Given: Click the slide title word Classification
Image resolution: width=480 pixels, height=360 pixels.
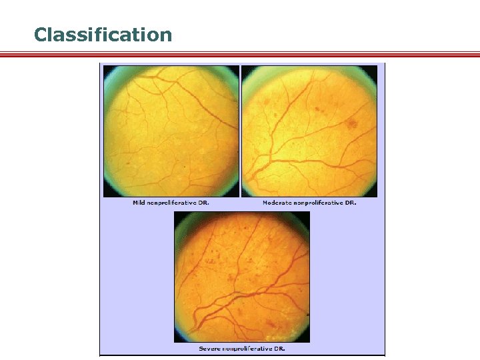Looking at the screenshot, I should [x=103, y=34].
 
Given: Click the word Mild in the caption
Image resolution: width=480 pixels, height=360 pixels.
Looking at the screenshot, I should [x=139, y=203].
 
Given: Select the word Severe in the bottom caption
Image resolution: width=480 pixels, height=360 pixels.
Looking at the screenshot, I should [x=209, y=349].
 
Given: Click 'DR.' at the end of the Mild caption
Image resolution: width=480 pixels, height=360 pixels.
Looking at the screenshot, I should [x=203, y=203].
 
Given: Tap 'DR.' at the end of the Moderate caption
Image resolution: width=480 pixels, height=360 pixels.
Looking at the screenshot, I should [x=350, y=203].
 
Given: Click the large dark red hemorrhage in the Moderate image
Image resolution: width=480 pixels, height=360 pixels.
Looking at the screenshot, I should [x=353, y=123].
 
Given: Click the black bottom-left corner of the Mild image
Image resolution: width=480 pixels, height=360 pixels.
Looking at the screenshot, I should [x=107, y=193].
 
